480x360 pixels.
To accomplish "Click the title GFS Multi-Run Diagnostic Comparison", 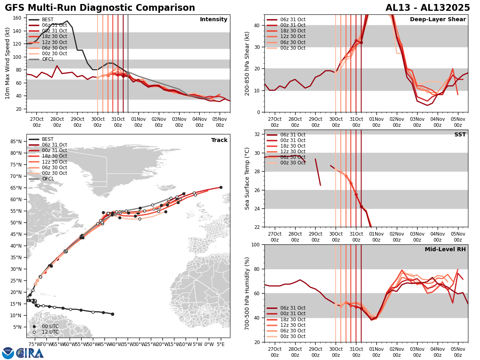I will (x=100, y=8).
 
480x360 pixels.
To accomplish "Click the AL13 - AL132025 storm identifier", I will (x=428, y=8).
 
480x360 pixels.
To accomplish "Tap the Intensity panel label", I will (x=214, y=20).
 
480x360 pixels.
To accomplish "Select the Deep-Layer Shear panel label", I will (x=438, y=20).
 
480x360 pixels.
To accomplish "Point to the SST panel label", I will (x=460, y=135).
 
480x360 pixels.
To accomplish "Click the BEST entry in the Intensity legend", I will (x=48, y=20).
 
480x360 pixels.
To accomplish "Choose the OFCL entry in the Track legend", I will (x=48, y=179).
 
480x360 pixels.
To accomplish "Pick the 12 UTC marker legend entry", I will (x=50, y=332).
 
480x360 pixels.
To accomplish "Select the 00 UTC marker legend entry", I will (x=50, y=326).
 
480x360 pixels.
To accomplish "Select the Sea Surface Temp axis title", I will (x=247, y=178).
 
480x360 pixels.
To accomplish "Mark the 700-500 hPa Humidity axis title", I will (x=247, y=293).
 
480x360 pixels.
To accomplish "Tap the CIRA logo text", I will (x=30, y=353).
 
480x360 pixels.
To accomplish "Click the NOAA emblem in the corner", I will (x=8, y=353).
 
